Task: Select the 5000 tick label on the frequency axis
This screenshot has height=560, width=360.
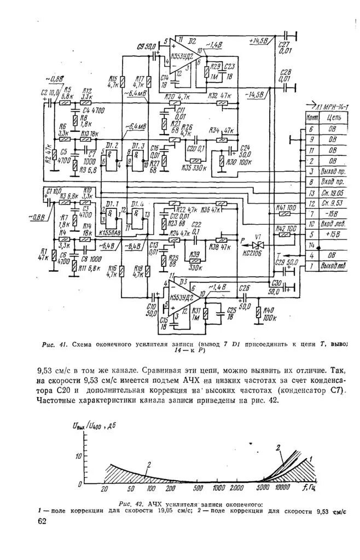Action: pyautogui.click(x=263, y=488)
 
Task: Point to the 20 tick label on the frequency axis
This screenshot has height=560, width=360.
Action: pyautogui.click(x=104, y=488)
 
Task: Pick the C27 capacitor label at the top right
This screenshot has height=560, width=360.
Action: pyautogui.click(x=284, y=46)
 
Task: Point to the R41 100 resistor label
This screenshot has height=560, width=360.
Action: pyautogui.click(x=283, y=208)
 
